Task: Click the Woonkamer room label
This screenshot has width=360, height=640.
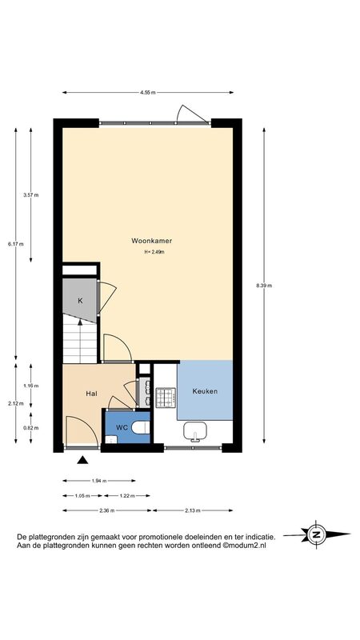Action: [x=151, y=241]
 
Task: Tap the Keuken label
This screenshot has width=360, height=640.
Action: [x=205, y=391]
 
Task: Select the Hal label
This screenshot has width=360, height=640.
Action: [x=91, y=394]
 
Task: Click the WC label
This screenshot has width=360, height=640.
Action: [x=122, y=427]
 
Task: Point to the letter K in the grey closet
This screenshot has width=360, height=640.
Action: [x=81, y=301]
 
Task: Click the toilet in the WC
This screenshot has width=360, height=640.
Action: [x=141, y=428]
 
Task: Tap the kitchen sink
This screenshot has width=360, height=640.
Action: [x=194, y=432]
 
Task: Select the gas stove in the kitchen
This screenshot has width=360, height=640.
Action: [x=166, y=397]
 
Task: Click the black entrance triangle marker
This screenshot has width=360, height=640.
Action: [x=83, y=461]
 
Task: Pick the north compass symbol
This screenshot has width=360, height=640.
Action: [x=316, y=534]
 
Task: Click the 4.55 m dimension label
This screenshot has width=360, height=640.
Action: [x=148, y=93]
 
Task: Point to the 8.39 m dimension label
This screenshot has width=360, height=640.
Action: [x=264, y=286]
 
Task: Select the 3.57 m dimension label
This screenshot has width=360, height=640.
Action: [x=31, y=195]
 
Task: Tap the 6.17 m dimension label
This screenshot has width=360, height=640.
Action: [x=16, y=244]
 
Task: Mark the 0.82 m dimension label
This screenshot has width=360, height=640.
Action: [x=31, y=428]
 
